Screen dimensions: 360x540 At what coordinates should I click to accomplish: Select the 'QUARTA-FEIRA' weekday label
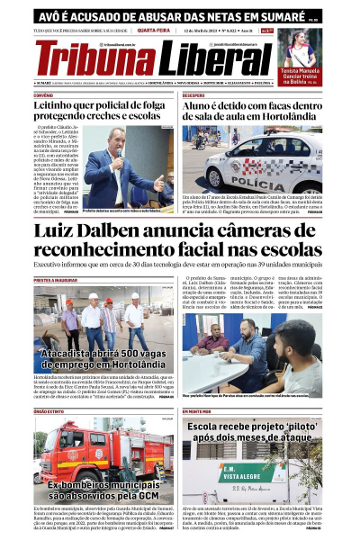click(x=155, y=30)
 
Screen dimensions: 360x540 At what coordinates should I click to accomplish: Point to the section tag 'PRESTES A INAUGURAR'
click(x=56, y=280)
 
